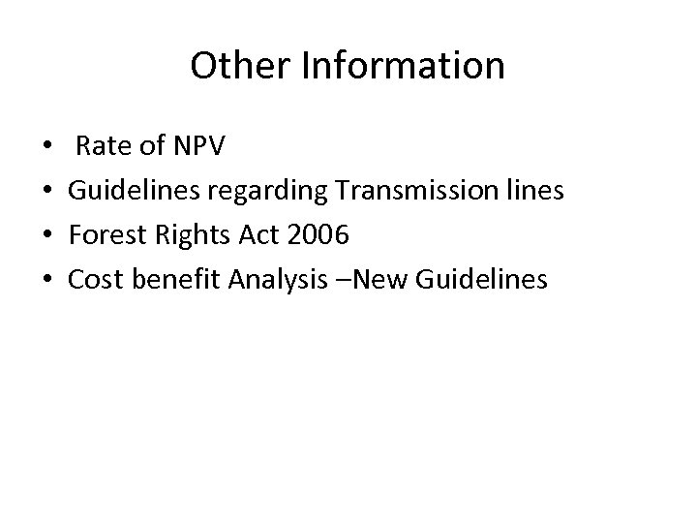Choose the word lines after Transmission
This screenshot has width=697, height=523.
pyautogui.click(x=529, y=191)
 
